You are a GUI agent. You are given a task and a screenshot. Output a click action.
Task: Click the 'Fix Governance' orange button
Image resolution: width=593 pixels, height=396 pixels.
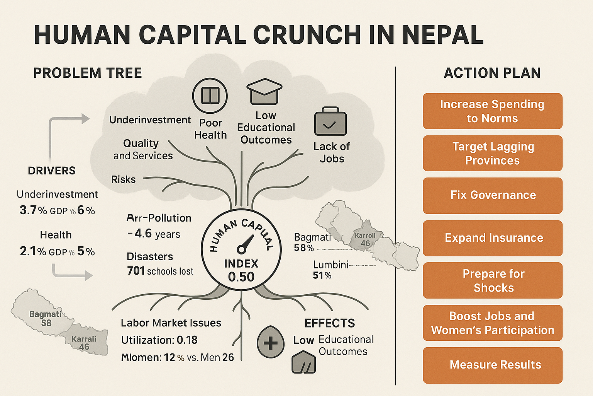click(493, 195)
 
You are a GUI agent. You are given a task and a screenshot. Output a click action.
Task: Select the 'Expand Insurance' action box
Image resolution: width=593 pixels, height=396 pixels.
click(493, 238)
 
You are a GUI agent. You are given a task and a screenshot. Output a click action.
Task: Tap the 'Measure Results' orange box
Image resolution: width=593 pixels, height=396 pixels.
click(493, 365)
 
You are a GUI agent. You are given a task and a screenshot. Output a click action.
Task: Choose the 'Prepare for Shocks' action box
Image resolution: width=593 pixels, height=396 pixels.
click(493, 280)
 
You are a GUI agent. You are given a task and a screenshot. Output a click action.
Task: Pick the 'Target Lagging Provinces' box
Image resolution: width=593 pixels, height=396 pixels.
click(493, 153)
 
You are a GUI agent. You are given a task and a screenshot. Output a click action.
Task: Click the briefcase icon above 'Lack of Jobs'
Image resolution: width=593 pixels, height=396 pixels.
click(330, 122)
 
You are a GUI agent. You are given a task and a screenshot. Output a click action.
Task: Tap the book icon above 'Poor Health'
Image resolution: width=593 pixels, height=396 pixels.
click(210, 96)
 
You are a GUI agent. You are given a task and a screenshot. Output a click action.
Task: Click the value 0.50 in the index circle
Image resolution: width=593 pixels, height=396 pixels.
click(241, 277)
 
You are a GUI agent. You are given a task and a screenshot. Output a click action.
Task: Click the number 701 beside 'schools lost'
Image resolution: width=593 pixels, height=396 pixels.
click(136, 271)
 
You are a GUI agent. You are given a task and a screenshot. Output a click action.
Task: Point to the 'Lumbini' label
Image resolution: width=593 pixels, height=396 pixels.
click(330, 265)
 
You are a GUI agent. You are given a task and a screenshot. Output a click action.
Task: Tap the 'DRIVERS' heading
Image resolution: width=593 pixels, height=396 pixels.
click(52, 171)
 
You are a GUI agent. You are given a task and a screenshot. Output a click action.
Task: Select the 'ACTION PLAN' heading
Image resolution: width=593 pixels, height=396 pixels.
click(492, 73)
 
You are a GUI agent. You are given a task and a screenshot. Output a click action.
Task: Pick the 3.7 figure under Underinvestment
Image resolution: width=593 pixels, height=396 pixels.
click(28, 210)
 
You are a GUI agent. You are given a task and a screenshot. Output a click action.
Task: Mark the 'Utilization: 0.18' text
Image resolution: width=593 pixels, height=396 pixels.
click(159, 340)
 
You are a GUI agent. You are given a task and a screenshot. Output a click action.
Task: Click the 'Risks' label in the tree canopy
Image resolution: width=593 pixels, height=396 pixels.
click(124, 179)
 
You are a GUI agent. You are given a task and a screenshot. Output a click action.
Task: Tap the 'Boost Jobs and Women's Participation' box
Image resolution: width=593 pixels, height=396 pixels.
click(493, 323)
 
